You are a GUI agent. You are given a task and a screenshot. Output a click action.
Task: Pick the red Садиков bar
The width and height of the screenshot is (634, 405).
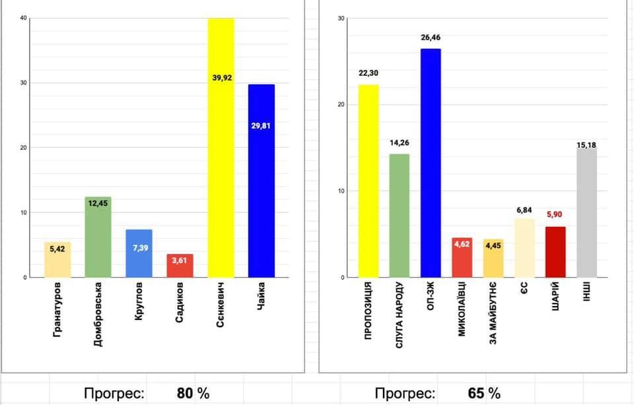point(180,266)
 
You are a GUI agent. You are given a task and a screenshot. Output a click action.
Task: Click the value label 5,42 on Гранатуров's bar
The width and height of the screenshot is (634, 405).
point(57,250)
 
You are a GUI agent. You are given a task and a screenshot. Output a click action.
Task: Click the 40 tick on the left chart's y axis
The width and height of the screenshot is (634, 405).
point(23,18)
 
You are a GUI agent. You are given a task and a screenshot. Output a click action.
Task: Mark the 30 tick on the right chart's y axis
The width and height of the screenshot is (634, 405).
point(341,18)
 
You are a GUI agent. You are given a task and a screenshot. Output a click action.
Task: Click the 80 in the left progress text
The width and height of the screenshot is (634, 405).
point(184,393)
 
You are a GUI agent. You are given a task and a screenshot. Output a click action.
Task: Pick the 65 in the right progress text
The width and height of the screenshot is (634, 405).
point(475,393)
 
